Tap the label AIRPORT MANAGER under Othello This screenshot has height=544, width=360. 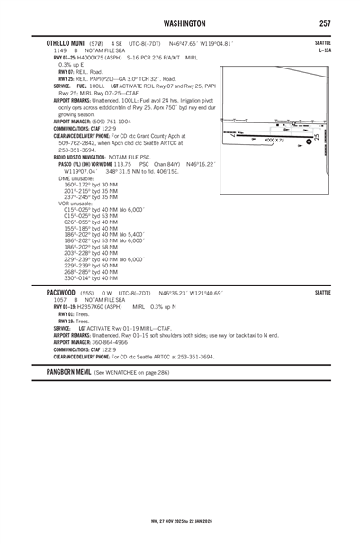click(x=66, y=121)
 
